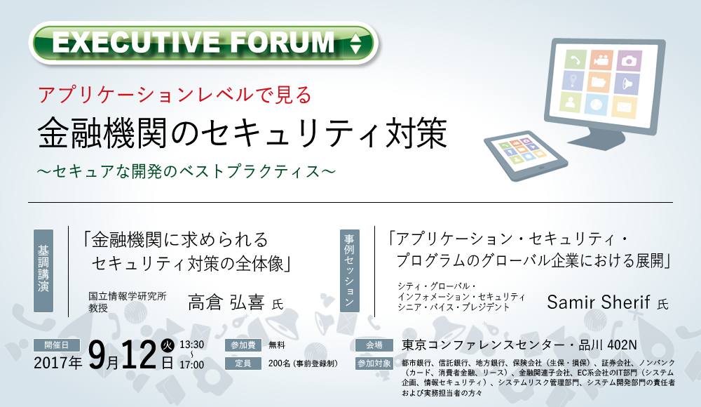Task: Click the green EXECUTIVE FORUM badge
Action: click(x=203, y=43)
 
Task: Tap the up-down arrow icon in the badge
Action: click(x=355, y=44)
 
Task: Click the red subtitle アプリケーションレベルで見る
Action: click(x=175, y=95)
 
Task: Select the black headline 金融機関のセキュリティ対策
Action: click(x=242, y=133)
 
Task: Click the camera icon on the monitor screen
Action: click(x=629, y=60)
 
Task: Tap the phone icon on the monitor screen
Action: click(x=575, y=59)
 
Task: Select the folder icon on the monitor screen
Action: click(x=599, y=82)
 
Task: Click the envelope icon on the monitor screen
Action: click(x=624, y=107)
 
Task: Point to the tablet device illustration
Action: click(x=526, y=155)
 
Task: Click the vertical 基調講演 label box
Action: click(x=43, y=270)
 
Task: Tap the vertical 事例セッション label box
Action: click(x=350, y=270)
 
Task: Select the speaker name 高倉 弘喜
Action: click(x=226, y=302)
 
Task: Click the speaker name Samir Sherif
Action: click(x=598, y=302)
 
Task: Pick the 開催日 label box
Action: click(x=57, y=345)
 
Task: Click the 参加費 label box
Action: click(x=243, y=345)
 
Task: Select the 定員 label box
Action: click(x=243, y=363)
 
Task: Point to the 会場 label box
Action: click(x=374, y=345)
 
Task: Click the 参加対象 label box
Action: click(x=374, y=363)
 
